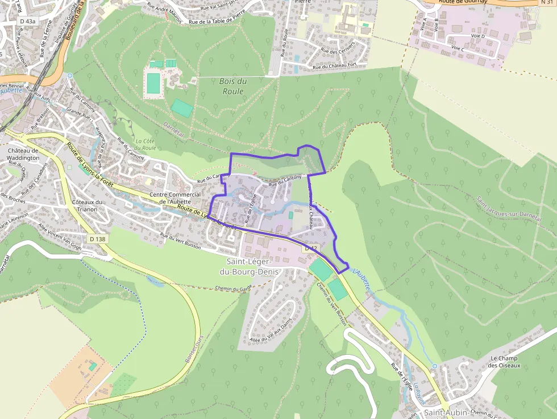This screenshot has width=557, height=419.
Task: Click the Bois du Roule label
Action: pos(232,86)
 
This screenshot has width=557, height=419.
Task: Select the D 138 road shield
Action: pos(98,239)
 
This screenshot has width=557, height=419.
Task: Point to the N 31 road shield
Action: pos(547,3)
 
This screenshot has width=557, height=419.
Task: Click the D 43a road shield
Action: pos(27,21)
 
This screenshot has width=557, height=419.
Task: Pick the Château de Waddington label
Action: pos(23,154)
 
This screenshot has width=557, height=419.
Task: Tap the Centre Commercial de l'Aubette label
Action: pos(175,198)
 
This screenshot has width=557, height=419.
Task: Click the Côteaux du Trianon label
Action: pos(87,205)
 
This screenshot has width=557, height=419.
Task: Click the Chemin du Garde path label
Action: pos(234,289)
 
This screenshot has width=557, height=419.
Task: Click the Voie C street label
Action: pos(458,49)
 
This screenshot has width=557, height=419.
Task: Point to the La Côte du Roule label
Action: pos(146,144)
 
